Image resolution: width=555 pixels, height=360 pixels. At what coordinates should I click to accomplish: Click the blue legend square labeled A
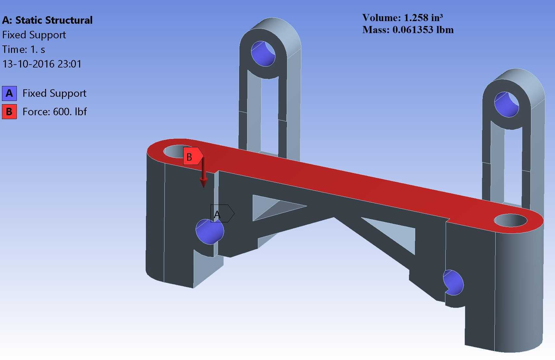coord(9,93)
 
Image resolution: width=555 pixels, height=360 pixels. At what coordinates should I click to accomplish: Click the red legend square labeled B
coord(9,112)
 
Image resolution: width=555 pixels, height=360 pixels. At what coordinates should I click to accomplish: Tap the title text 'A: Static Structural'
coord(47,20)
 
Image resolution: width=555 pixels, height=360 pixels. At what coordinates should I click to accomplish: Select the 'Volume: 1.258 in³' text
coord(402,18)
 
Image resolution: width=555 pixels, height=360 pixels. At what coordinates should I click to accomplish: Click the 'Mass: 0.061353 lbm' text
coord(408,30)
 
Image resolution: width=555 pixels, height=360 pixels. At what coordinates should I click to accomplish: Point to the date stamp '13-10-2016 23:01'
coord(42,64)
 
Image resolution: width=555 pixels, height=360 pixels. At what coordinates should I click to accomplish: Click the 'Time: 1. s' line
coord(24,49)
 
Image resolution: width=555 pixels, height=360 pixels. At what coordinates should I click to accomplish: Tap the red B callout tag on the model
coord(193,156)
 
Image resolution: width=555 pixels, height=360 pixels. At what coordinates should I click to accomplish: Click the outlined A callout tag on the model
coord(222,213)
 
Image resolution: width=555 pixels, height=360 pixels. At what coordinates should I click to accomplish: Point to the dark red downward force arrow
coord(203,173)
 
